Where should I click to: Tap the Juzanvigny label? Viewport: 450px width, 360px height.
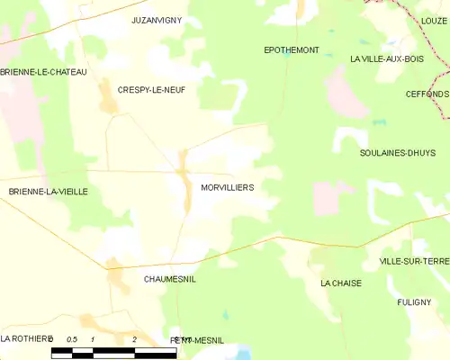point(156,19)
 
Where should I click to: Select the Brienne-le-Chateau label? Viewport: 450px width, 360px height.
point(43,71)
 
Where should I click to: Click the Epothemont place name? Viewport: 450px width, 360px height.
point(291,49)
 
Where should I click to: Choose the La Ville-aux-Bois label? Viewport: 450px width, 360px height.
point(386,58)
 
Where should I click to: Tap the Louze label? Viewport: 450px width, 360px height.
point(433,19)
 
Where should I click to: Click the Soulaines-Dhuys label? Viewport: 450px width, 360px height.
point(398,153)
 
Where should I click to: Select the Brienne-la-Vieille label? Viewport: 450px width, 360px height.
point(49,192)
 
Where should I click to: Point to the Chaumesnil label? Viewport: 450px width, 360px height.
point(169,279)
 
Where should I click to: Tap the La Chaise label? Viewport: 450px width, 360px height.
point(340,282)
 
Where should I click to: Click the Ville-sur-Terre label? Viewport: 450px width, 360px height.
point(414,260)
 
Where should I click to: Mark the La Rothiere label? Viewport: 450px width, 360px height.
point(27,338)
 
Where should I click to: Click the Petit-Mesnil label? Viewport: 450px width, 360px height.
point(196,340)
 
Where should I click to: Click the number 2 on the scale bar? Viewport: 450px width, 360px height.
point(134,339)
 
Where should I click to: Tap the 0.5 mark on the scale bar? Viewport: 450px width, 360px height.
point(73,339)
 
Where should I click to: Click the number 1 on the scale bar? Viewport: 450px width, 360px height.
point(94,339)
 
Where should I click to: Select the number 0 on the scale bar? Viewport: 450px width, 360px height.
point(52,339)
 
